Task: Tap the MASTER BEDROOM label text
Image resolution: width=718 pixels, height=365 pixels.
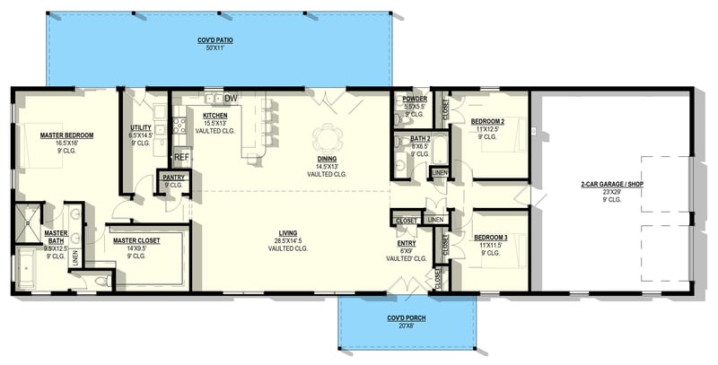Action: [x=66, y=135]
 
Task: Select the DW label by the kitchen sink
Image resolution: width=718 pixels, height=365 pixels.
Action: [x=231, y=98]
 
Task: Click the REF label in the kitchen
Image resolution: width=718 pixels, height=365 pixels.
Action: [x=182, y=157]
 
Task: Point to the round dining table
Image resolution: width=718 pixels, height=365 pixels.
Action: [x=326, y=138]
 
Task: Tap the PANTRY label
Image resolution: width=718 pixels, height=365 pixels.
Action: [x=173, y=178]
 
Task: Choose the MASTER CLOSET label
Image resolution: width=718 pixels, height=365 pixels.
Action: [x=136, y=240]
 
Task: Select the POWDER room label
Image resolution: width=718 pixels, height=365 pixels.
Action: [x=414, y=99]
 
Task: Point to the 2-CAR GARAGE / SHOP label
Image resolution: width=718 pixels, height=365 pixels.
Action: [x=612, y=184]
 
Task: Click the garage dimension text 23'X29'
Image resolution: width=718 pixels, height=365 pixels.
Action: [x=612, y=192]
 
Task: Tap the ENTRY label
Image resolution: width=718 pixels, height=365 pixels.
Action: [x=407, y=242]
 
